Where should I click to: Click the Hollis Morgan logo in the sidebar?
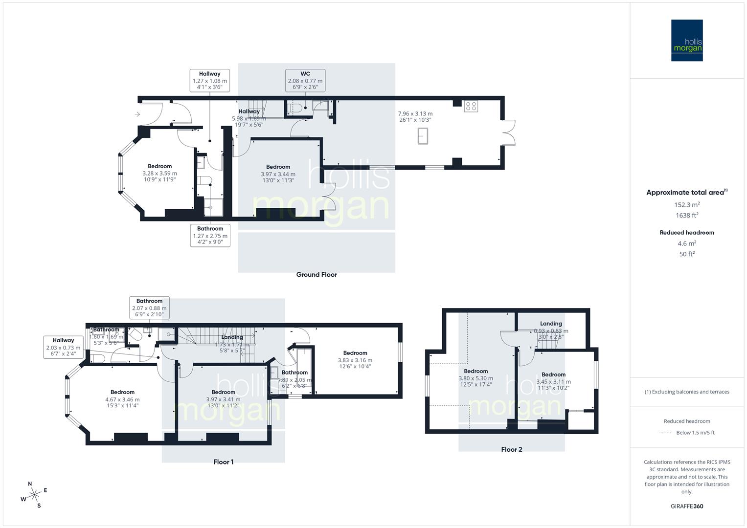tap(687, 41)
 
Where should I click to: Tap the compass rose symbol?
tap(34, 495)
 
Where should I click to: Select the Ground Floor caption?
tap(317, 275)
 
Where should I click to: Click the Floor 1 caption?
tap(224, 462)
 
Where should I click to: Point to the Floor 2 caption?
tap(512, 449)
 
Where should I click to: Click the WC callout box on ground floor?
tap(305, 81)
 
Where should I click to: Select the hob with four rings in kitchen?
tap(471, 106)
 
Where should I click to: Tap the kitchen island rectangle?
tap(423, 135)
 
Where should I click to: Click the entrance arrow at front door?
tap(137, 114)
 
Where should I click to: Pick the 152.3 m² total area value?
tap(687, 205)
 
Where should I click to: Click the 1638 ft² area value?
tap(687, 215)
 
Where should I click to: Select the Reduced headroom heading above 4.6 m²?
tap(687, 233)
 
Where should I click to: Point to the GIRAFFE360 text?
tap(687, 506)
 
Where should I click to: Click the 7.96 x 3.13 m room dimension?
tap(416, 114)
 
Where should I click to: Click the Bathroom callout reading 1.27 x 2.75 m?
tap(210, 235)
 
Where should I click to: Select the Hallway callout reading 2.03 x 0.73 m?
tap(63, 347)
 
